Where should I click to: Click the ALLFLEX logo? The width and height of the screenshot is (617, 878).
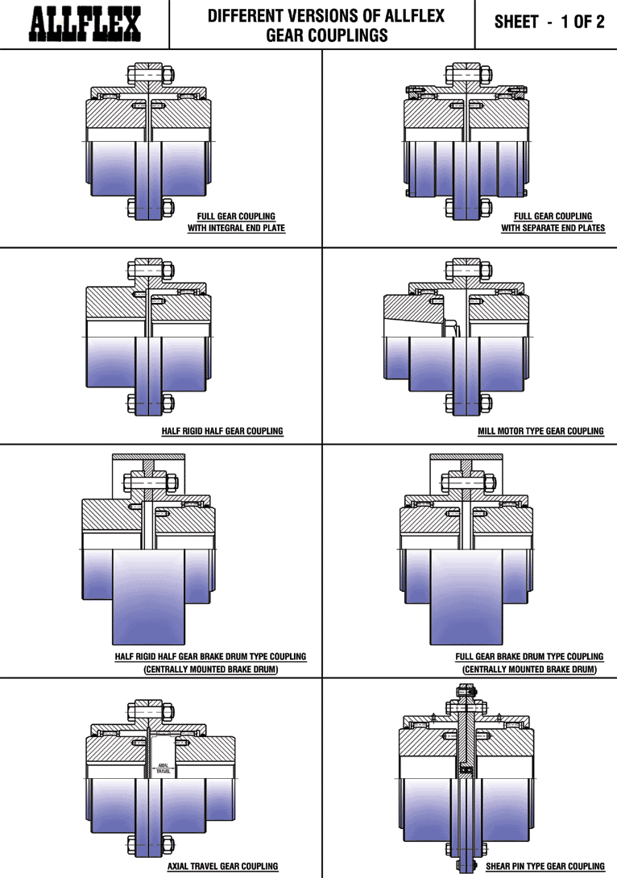coord(85,24)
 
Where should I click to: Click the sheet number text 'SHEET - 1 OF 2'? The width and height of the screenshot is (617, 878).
coord(549,22)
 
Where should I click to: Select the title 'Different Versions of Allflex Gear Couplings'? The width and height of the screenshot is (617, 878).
coord(326,25)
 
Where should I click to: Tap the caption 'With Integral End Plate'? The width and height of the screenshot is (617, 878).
coord(236,228)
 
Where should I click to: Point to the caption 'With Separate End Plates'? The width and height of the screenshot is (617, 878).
coord(553,228)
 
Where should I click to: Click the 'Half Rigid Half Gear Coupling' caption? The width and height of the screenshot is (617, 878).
coord(222,431)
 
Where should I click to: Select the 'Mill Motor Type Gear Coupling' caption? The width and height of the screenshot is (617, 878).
coord(540,431)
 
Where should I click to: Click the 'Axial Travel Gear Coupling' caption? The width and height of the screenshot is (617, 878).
coord(223,866)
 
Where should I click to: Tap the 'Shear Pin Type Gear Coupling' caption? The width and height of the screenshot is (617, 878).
coord(545,866)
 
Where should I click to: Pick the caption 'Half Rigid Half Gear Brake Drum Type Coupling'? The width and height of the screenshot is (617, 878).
coord(210,656)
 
